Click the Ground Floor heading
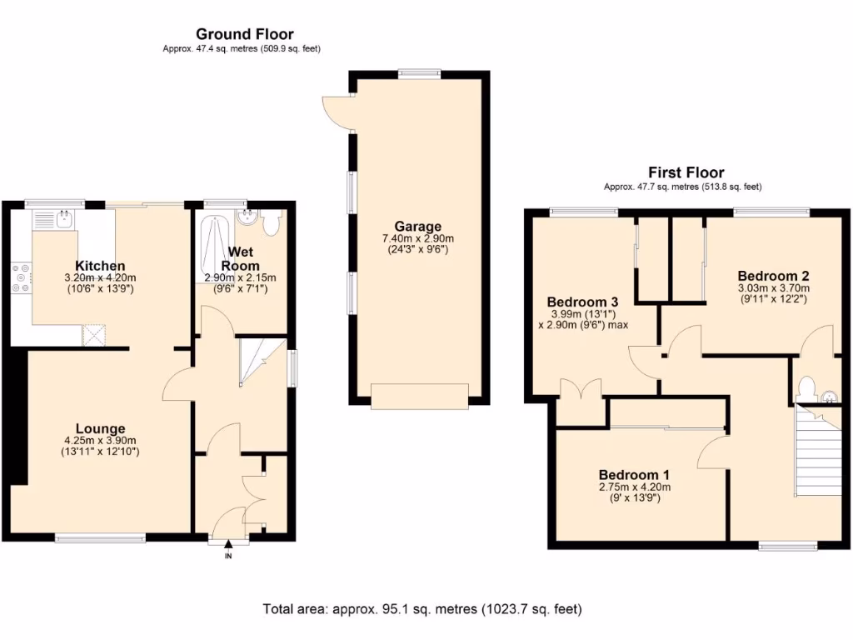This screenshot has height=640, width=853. (x=244, y=34)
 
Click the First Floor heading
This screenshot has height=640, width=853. (x=686, y=172)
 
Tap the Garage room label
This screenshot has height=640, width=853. (x=418, y=227)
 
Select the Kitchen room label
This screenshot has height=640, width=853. (x=100, y=266)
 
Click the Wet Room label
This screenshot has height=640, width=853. (x=241, y=258)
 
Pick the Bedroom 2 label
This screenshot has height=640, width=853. (x=773, y=276)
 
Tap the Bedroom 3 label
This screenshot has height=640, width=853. (x=582, y=301)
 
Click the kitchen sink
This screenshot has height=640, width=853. (x=63, y=220)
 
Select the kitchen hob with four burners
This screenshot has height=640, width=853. (x=22, y=277)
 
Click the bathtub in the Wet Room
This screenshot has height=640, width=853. (x=215, y=250)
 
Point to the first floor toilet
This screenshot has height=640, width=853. (x=806, y=388)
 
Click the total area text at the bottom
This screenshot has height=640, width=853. (x=422, y=609)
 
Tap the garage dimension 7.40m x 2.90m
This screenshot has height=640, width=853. (x=418, y=239)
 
